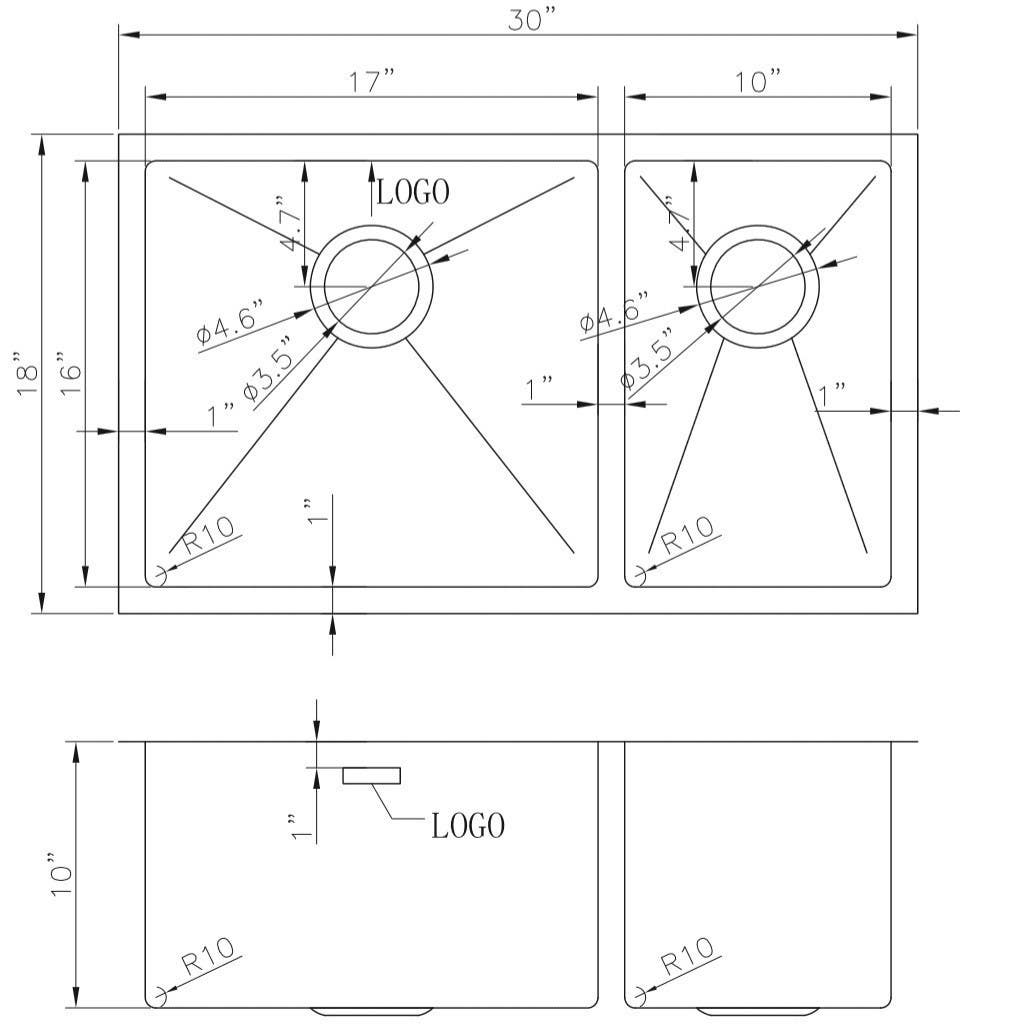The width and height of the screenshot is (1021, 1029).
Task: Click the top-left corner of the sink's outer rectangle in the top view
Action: click(x=119, y=135)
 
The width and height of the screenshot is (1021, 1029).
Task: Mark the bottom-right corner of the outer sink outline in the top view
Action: click(x=917, y=614)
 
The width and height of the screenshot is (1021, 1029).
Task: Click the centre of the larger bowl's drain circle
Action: click(x=372, y=287)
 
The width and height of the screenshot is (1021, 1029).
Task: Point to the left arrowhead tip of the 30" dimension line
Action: click(x=119, y=34)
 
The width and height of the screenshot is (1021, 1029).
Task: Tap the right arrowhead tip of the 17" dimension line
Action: click(x=597, y=97)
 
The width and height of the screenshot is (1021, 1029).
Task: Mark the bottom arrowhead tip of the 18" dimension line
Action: click(x=42, y=612)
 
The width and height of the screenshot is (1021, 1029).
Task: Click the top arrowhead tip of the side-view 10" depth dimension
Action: click(x=77, y=743)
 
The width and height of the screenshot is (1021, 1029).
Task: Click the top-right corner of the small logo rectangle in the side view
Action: click(x=400, y=767)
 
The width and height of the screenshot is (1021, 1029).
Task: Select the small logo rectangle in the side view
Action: click(x=371, y=775)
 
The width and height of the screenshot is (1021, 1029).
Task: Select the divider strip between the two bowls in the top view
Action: click(x=611, y=374)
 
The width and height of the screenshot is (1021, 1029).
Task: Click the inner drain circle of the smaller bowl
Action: click(x=758, y=287)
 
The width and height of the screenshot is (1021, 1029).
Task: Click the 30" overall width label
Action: click(x=532, y=20)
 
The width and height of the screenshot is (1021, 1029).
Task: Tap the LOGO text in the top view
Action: click(x=413, y=192)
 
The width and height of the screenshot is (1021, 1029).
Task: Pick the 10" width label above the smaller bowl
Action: click(x=758, y=81)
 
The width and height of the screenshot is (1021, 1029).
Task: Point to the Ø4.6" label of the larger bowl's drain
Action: click(x=231, y=320)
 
